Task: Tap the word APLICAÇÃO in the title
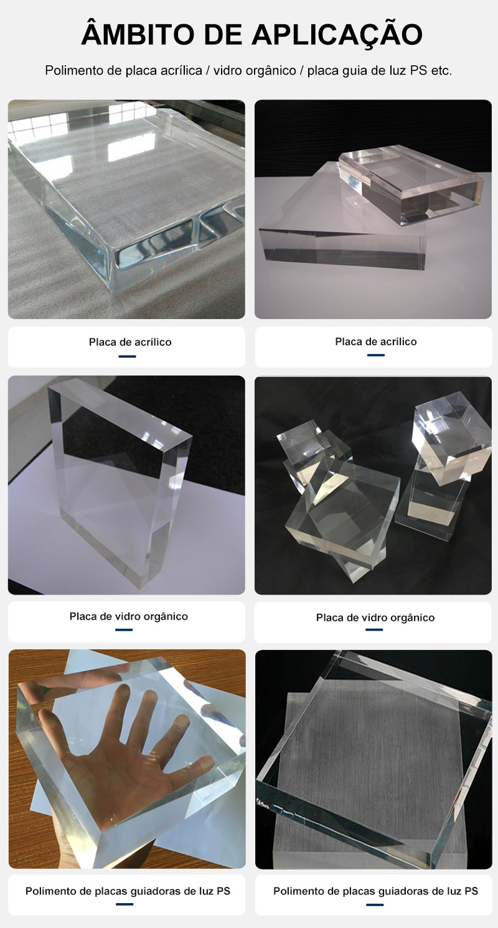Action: (x=337, y=34)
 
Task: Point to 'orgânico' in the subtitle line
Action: (x=271, y=71)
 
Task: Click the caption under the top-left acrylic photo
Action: (x=130, y=342)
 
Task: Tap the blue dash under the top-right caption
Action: (x=375, y=355)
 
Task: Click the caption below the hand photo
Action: (x=128, y=891)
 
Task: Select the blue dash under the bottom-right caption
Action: (x=375, y=905)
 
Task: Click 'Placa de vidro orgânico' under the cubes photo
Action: (x=375, y=618)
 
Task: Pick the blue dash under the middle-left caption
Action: (x=124, y=629)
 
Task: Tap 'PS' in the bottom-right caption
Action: (x=471, y=891)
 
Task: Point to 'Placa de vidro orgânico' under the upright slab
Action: (x=128, y=616)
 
